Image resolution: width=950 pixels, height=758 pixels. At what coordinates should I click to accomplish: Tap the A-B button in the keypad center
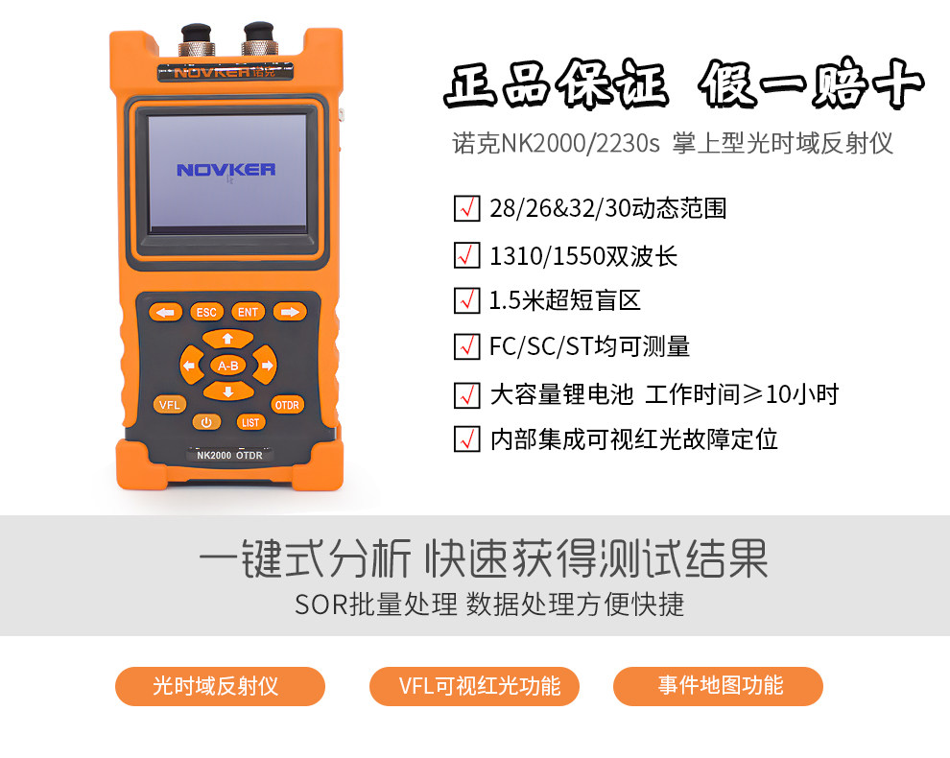pos(227,366)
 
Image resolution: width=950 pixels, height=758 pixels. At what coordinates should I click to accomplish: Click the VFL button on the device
pos(169,404)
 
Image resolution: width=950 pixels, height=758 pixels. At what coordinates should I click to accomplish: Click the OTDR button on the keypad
pos(287,404)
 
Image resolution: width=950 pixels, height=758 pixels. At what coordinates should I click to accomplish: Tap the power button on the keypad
pos(206,422)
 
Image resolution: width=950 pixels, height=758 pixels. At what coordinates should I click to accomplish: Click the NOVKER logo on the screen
pos(226,170)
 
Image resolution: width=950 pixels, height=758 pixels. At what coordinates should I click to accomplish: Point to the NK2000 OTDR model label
pos(229,456)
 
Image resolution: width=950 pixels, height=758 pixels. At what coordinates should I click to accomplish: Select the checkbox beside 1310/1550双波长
pos(466,256)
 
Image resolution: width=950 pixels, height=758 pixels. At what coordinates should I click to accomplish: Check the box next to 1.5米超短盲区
pos(466,300)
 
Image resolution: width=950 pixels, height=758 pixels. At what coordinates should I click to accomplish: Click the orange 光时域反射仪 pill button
pos(220,686)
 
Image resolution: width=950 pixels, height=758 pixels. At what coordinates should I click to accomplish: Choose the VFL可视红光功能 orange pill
pos(477,686)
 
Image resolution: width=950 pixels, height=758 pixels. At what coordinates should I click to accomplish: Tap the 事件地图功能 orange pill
pos(718,686)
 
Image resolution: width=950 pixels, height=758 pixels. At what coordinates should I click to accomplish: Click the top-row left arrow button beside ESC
pos(166,312)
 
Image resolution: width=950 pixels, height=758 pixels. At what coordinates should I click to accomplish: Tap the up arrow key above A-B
pos(227,339)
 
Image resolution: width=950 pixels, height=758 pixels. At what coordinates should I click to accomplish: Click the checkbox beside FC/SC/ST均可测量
pos(466,345)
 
